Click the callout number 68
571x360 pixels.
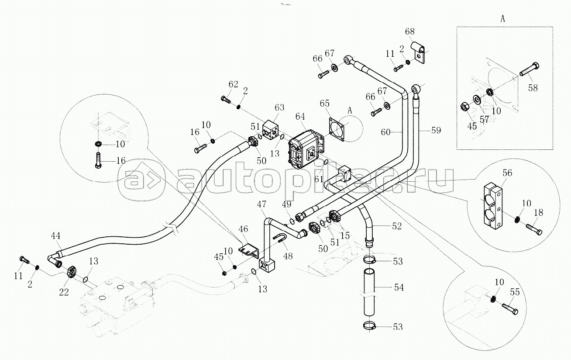(x=410, y=31)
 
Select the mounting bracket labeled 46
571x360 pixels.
(x=249, y=251)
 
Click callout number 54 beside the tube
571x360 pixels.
(x=399, y=287)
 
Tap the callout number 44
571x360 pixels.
(x=55, y=235)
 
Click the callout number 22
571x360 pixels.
(x=64, y=292)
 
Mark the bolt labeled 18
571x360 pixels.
(x=534, y=229)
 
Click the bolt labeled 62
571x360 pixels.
(x=226, y=100)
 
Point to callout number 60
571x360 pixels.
(x=385, y=132)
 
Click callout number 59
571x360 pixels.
(x=436, y=130)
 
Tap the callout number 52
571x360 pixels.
(x=397, y=226)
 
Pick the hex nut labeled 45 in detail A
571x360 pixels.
(x=464, y=107)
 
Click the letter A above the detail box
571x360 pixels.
(x=503, y=19)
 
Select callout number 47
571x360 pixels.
(x=261, y=204)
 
